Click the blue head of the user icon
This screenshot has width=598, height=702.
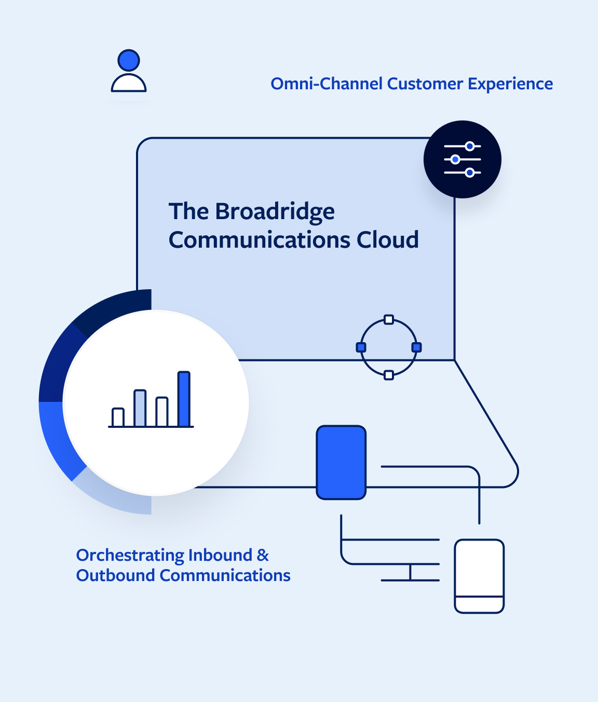(x=129, y=60)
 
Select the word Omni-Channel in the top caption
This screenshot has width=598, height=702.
(x=327, y=84)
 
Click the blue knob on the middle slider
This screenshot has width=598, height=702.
(x=455, y=159)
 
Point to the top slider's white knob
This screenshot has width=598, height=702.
(x=470, y=146)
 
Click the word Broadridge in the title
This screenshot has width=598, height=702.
(x=275, y=212)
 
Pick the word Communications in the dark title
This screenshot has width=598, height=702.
(x=260, y=240)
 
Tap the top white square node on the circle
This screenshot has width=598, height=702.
(x=389, y=319)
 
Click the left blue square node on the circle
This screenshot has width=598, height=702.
(x=361, y=347)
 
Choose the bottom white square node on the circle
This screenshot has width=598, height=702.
(x=389, y=375)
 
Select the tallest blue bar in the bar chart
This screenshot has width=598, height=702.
(x=184, y=399)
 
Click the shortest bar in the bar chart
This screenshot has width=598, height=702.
(x=118, y=417)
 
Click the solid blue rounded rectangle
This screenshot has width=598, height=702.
(x=341, y=462)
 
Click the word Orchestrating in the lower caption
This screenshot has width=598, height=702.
(x=130, y=555)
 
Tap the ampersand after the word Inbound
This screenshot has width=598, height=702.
(x=263, y=555)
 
